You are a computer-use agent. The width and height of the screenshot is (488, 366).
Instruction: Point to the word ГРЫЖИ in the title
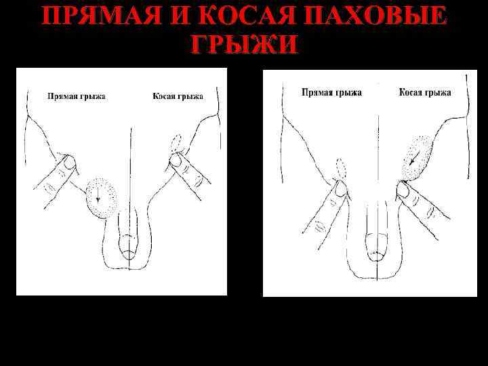(x=244, y=44)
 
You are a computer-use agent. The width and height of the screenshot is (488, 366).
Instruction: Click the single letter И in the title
(x=161, y=16)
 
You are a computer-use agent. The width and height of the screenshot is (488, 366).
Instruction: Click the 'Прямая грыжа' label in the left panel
(x=76, y=96)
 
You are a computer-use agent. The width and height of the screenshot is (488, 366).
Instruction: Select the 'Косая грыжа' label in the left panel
(x=178, y=96)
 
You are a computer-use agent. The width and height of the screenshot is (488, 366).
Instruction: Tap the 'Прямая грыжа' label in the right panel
(x=331, y=92)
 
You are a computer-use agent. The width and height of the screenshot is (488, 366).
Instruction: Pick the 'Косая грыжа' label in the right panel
(x=425, y=92)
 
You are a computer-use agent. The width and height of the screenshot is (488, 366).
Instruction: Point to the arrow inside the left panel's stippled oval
(x=98, y=197)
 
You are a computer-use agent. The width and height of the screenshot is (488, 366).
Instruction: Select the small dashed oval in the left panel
(x=178, y=143)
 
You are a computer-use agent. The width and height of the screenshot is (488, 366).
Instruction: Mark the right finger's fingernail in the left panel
(x=176, y=160)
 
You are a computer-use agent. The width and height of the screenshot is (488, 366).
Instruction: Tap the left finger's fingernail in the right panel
(x=342, y=188)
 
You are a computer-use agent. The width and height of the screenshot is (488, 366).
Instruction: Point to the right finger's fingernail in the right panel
(x=403, y=189)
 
